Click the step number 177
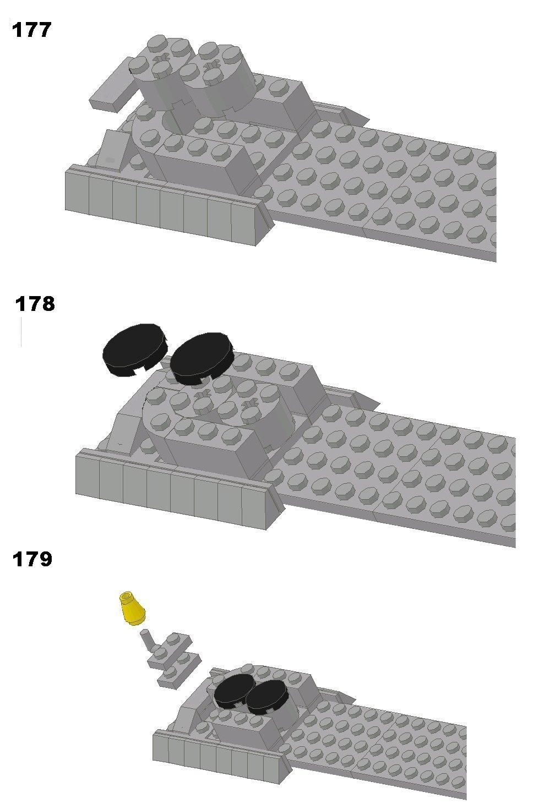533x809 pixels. pos(31,29)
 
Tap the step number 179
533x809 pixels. pos(32,559)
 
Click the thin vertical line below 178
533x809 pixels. pos(21,332)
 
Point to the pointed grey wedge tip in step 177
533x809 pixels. pos(369,119)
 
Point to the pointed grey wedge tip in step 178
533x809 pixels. pos(379,403)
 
